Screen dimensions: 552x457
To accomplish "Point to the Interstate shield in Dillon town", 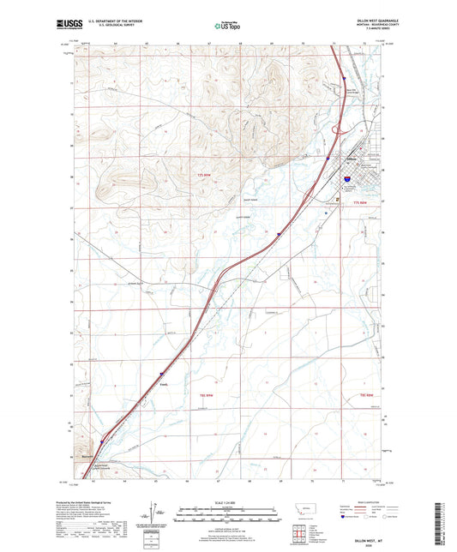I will pyautogui.click(x=347, y=180).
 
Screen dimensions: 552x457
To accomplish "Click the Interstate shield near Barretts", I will pyautogui.click(x=100, y=443).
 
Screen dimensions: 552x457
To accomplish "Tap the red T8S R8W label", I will pyautogui.click(x=367, y=394).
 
